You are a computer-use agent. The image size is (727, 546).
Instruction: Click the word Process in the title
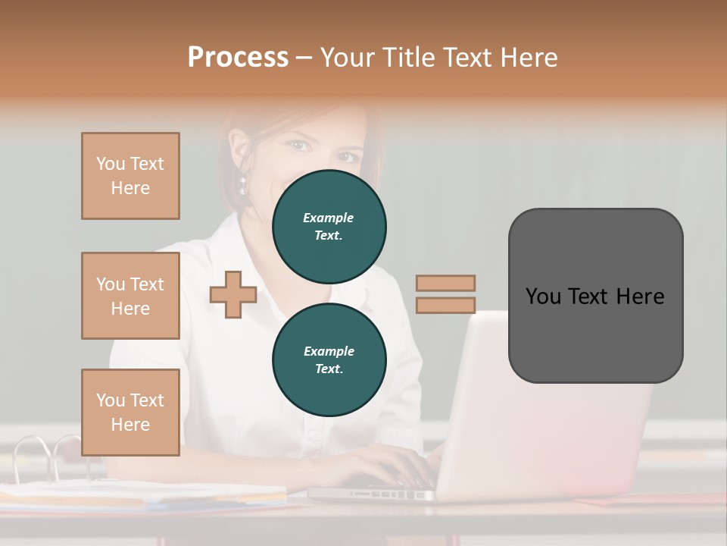[238, 58]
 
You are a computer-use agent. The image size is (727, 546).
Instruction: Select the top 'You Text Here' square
[130, 176]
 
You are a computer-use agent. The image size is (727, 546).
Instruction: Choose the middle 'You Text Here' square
[130, 296]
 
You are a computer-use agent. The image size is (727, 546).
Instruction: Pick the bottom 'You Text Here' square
[130, 413]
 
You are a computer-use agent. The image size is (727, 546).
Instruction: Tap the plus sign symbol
[233, 294]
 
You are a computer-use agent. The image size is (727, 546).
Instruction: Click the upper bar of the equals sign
[445, 283]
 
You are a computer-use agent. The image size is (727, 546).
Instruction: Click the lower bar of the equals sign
[445, 305]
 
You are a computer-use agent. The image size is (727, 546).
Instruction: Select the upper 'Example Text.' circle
[329, 226]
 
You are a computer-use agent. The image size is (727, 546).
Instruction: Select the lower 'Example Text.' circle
[329, 359]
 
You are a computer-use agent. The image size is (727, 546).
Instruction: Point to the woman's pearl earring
[244, 183]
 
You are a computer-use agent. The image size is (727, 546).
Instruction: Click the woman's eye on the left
[298, 145]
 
